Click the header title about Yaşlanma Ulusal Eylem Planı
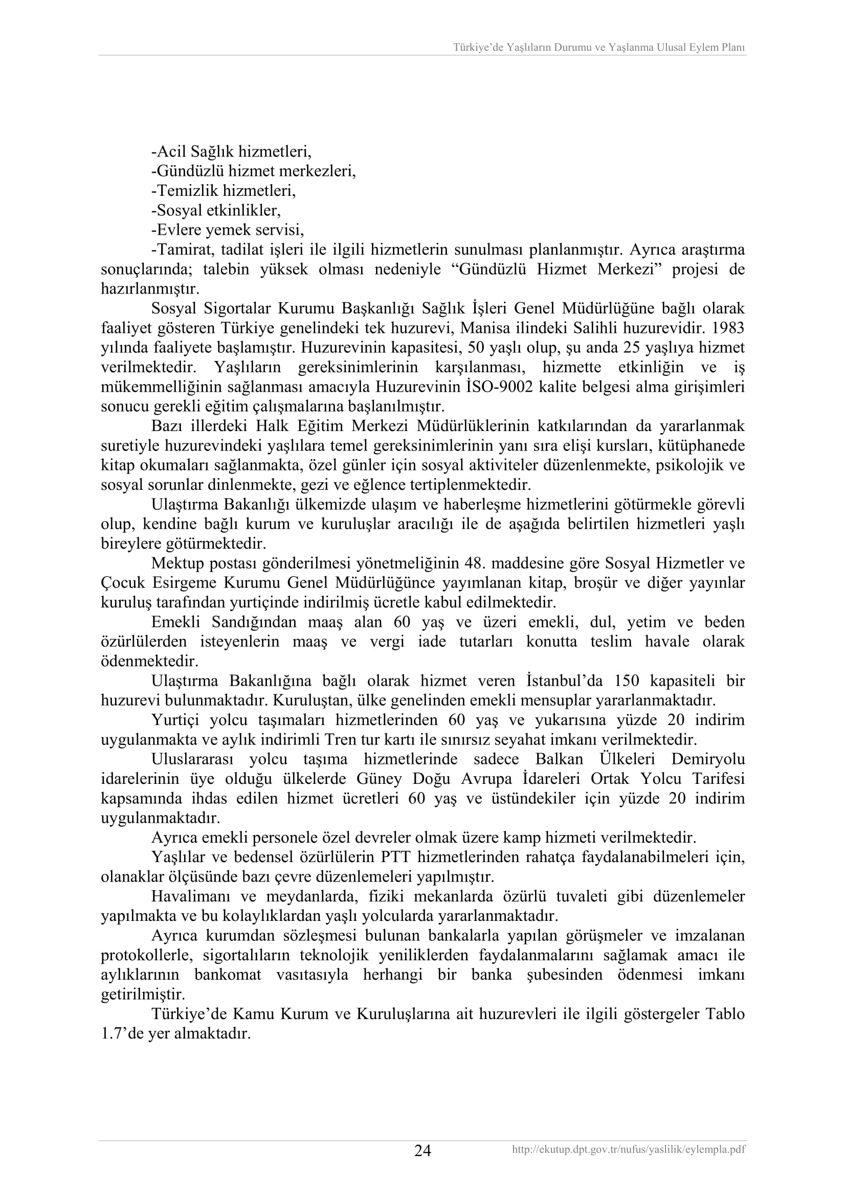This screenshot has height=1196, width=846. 598,48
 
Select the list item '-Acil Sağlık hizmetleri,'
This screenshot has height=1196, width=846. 231,151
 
